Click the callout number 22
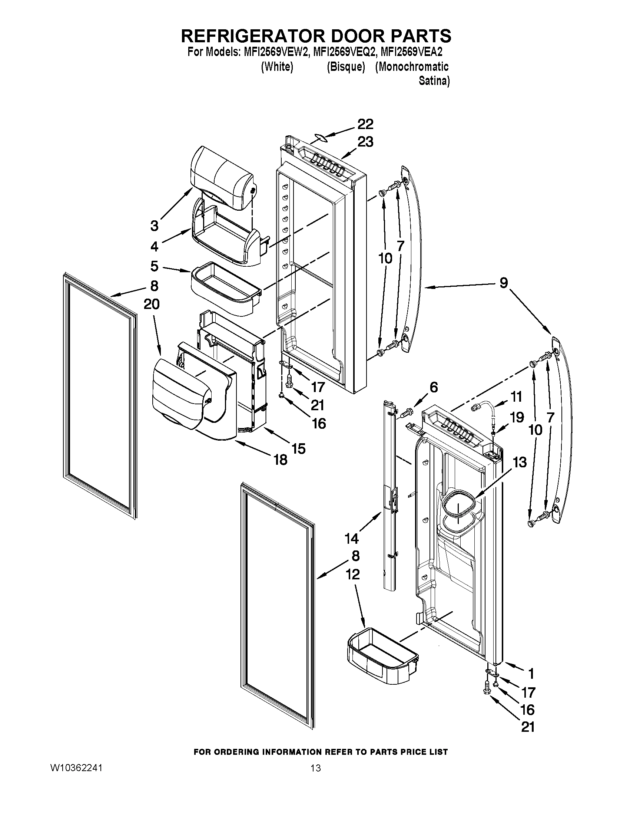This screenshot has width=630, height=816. pos(365,124)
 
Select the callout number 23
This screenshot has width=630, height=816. pos(365,142)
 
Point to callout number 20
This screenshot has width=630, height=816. pos(152,305)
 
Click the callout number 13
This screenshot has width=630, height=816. pos(520,463)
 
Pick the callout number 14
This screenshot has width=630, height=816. pos(352,539)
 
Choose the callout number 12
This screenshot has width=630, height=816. pos(352,574)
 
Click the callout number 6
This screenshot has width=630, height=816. pos(433,388)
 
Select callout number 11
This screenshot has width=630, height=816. pos(516,397)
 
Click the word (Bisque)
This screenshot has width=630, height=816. pos(345,67)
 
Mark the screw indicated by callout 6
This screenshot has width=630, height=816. pos(407,413)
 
